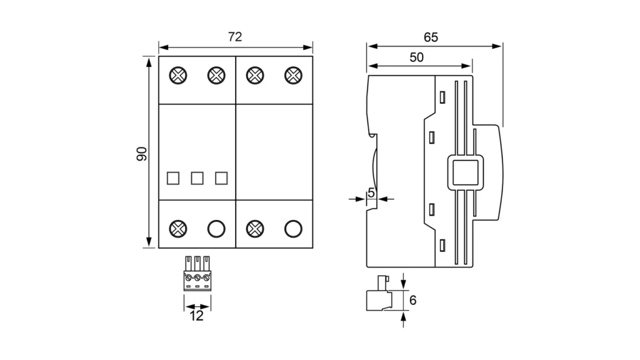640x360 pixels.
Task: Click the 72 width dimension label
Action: tap(234, 37)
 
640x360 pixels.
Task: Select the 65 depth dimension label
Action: tap(431, 37)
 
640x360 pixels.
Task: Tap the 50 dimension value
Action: tap(416, 57)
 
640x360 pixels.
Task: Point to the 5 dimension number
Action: tap(371, 193)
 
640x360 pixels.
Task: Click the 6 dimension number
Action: tap(412, 301)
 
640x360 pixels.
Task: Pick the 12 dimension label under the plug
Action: tap(196, 316)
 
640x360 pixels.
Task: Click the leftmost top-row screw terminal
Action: tap(178, 76)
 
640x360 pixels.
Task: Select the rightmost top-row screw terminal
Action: tap(292, 76)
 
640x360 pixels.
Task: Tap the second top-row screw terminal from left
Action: tap(216, 76)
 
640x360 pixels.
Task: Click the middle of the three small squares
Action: tap(197, 178)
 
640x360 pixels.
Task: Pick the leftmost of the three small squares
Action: tap(173, 178)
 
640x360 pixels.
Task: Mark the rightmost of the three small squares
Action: tap(221, 178)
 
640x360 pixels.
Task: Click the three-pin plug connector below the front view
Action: tap(197, 273)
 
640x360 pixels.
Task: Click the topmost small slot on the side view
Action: tap(442, 97)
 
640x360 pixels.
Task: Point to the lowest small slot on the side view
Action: tap(442, 245)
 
